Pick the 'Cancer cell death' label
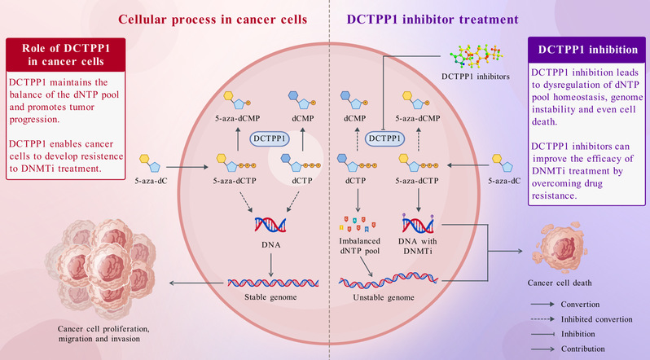click(x=558, y=275)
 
